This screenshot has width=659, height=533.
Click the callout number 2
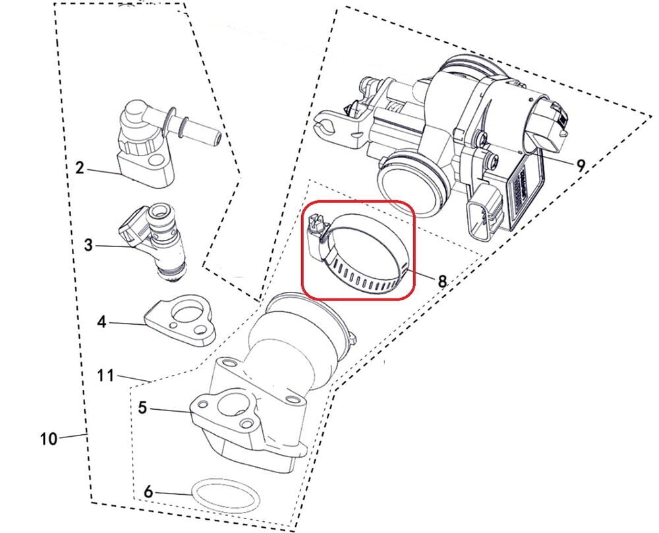point(80,168)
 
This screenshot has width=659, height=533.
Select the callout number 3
point(88,244)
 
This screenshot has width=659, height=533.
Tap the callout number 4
point(101,322)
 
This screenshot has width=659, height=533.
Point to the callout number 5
point(143,407)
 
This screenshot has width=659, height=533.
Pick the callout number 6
point(148,491)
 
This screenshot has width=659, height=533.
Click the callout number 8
point(442,281)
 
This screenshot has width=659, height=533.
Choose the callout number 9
point(580,165)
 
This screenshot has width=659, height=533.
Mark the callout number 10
point(49,439)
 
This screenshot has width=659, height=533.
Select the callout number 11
point(105,375)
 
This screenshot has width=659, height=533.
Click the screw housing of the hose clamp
point(318,237)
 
